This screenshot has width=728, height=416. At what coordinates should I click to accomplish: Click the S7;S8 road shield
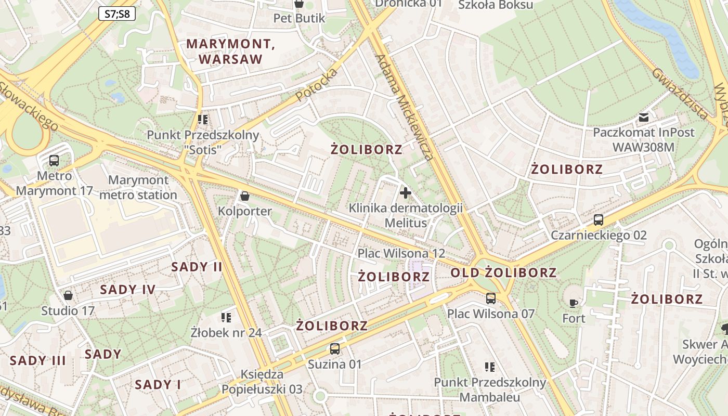(x=117, y=14)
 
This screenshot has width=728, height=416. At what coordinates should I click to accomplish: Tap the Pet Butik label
(x=299, y=18)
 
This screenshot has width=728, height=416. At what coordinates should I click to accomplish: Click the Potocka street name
(x=317, y=85)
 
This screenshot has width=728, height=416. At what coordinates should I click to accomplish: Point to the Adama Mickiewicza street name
(x=405, y=107)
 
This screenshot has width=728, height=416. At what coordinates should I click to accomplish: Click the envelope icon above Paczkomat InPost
(x=644, y=118)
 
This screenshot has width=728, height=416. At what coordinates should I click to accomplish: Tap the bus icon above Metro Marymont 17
(x=54, y=161)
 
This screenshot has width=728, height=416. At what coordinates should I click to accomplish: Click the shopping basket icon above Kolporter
(x=244, y=196)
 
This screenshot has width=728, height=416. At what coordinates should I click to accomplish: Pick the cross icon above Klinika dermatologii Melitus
(x=406, y=193)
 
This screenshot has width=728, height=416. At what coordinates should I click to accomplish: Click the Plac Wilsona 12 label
(x=401, y=253)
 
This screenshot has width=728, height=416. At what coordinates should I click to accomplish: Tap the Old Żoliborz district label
(x=503, y=272)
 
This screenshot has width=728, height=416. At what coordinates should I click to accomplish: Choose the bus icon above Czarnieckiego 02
(x=599, y=220)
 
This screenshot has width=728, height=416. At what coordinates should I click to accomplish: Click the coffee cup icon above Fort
(x=574, y=303)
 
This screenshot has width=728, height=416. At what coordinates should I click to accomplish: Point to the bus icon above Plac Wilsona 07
(x=491, y=298)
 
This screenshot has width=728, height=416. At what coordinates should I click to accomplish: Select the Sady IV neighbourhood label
(x=128, y=290)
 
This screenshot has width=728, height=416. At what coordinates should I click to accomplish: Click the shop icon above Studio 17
(x=68, y=296)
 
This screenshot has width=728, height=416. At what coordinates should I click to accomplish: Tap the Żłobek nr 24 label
(x=226, y=332)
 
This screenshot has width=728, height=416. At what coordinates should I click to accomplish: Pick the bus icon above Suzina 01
(x=335, y=349)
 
